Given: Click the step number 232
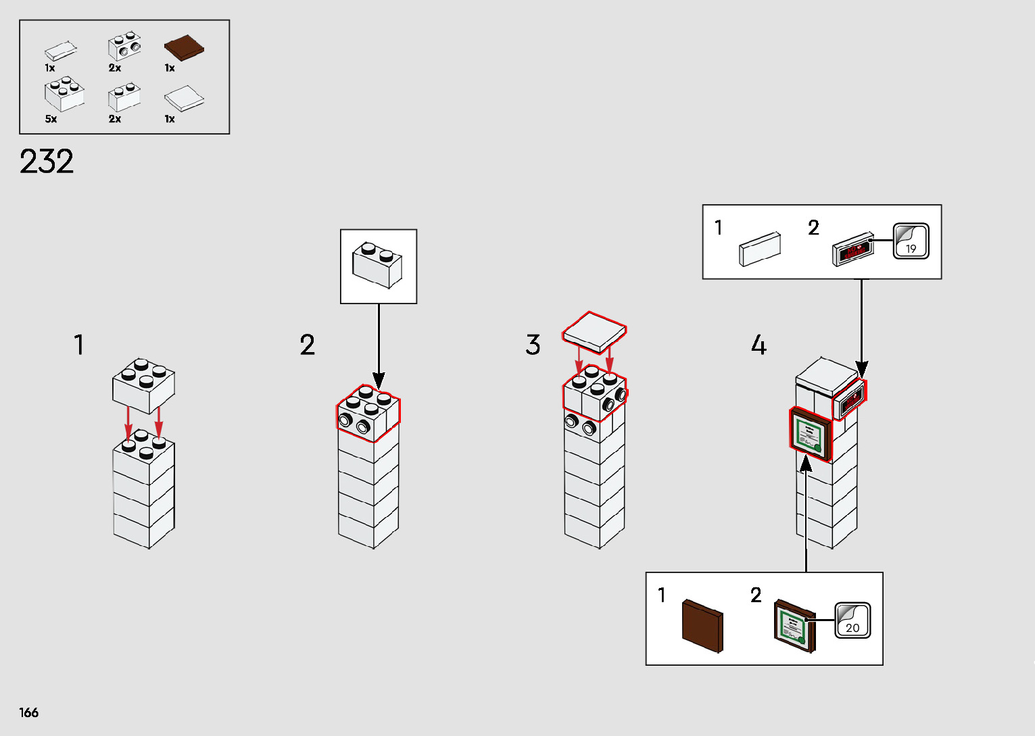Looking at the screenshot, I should (x=46, y=162).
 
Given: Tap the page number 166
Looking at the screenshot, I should (x=29, y=712).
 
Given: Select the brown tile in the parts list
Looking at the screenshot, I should (x=184, y=48).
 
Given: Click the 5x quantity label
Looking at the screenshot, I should (x=51, y=119).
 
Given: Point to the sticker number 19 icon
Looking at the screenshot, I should (x=911, y=241).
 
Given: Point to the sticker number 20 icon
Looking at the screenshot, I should (x=852, y=620).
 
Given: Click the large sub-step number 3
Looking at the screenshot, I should (x=533, y=345).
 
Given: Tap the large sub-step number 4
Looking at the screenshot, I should (x=759, y=345).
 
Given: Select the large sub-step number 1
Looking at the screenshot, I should (x=79, y=345).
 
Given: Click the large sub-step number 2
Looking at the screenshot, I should (x=308, y=345).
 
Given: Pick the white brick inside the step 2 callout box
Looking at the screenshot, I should (x=377, y=264).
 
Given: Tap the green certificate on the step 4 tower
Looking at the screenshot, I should (x=810, y=433).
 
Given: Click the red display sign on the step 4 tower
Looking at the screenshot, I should (x=850, y=399).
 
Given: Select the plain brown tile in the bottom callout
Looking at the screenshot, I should (x=702, y=625).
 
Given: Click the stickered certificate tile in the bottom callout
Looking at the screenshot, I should (x=794, y=625).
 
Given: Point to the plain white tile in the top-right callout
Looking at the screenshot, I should (x=760, y=249).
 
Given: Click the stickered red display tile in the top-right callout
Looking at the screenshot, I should (x=852, y=250).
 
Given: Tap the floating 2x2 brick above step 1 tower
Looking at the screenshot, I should (x=143, y=385).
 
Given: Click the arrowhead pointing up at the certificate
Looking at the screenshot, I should (x=806, y=464).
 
